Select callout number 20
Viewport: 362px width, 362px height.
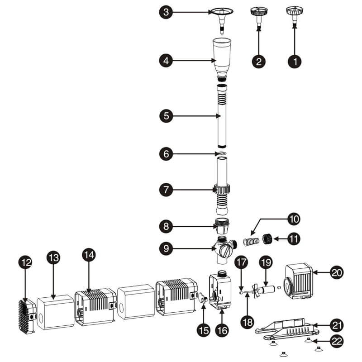[x=337, y=272]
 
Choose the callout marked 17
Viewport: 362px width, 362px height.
[x=240, y=262]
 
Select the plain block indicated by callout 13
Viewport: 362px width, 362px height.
[x=55, y=312]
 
